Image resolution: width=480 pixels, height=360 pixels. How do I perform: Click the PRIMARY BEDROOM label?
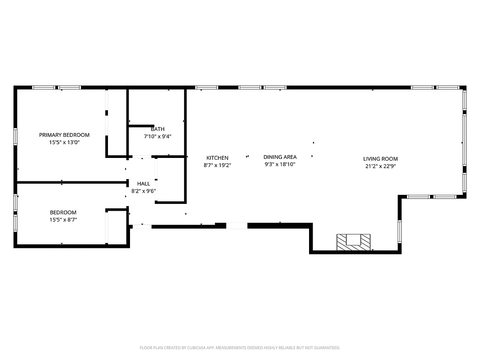(x=64, y=135)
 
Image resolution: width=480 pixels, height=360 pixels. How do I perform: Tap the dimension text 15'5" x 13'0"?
(x=64, y=142)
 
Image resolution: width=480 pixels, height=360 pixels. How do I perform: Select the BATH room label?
(x=157, y=129)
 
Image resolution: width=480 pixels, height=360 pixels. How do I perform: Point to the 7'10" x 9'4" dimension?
(x=157, y=136)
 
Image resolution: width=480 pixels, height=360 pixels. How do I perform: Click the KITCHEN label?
(x=217, y=158)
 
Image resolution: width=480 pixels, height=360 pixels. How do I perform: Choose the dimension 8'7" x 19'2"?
(x=217, y=165)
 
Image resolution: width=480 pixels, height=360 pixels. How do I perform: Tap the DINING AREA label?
(x=280, y=157)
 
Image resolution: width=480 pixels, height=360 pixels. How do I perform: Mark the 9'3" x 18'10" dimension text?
(x=280, y=164)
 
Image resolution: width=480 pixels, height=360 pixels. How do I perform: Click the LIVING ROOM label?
(x=381, y=159)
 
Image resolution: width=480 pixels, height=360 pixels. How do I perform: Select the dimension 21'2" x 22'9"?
(x=381, y=166)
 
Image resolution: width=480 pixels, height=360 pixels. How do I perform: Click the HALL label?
(x=144, y=184)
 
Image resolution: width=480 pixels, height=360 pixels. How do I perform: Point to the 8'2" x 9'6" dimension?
(x=144, y=191)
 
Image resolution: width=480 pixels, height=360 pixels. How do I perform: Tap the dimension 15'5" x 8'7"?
(x=63, y=220)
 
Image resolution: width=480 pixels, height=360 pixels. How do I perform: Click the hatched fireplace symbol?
(x=354, y=242)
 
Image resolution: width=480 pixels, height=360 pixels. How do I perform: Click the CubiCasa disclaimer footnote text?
(x=240, y=348)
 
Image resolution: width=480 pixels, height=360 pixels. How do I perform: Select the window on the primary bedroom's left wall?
(x=15, y=136)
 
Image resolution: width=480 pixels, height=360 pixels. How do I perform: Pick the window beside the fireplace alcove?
(x=399, y=232)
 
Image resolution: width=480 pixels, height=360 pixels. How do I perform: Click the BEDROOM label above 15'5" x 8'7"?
(x=63, y=212)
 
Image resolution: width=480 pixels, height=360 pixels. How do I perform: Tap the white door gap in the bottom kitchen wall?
(x=237, y=226)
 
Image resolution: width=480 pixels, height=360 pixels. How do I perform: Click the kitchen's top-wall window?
(x=206, y=87)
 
